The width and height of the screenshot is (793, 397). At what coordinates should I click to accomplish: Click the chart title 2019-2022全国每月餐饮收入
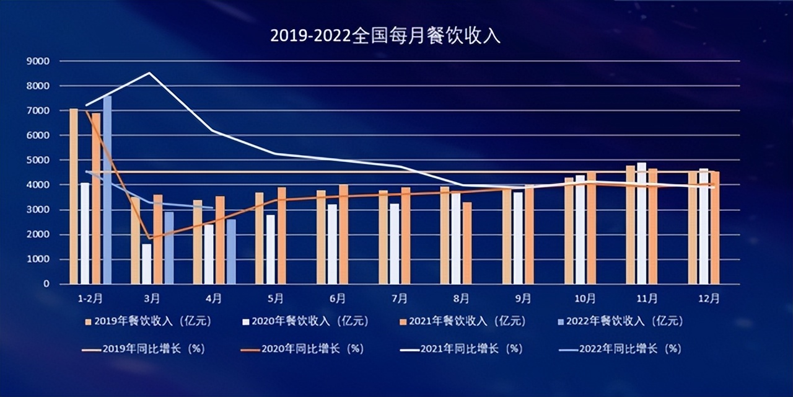tap(385, 36)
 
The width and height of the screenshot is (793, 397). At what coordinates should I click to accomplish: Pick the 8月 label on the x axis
tap(461, 299)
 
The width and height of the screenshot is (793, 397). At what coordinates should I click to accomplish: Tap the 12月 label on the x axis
tap(709, 299)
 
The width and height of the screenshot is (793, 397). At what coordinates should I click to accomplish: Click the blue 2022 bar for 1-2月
tap(107, 190)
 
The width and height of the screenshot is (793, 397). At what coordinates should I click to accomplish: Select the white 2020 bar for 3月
tap(146, 264)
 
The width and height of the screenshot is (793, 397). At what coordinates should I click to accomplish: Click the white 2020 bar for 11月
tap(641, 223)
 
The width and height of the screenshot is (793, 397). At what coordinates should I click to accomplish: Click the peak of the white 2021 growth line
tap(150, 73)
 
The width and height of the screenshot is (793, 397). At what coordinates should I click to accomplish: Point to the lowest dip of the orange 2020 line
tap(150, 238)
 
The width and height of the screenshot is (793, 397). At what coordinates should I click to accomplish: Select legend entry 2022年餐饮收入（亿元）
tap(620, 321)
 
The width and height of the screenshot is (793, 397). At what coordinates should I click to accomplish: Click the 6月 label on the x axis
tap(338, 299)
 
